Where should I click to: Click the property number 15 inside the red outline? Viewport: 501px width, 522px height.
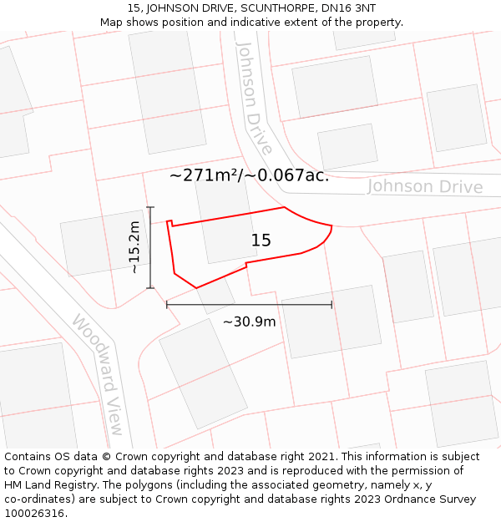[261, 241]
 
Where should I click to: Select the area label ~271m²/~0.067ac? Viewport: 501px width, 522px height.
[249, 175]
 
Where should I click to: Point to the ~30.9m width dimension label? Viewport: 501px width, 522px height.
[249, 322]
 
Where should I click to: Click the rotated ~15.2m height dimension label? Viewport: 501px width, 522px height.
[134, 247]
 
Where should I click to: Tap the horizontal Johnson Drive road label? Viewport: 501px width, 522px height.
[425, 186]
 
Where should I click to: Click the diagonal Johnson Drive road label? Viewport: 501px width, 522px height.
[255, 98]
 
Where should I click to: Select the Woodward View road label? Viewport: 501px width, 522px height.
[99, 374]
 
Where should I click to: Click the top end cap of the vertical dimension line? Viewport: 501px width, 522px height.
[150, 207]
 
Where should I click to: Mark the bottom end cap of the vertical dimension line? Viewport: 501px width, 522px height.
[150, 288]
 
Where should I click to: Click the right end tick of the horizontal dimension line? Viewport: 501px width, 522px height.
[331, 305]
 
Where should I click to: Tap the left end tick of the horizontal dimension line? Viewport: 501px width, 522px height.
[167, 305]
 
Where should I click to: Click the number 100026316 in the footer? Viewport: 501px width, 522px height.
[36, 514]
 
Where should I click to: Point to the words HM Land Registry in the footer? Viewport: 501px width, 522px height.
[48, 485]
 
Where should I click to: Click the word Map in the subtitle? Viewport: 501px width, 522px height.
[112, 23]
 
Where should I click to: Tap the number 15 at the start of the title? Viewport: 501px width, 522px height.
[134, 8]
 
